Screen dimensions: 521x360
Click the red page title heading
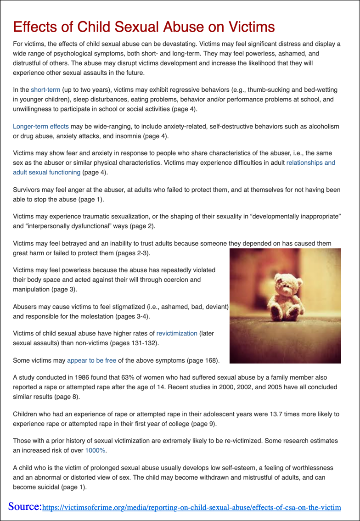pos(144,27)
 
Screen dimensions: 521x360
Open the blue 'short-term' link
pos(45,90)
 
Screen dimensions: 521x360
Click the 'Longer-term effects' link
pos(41,126)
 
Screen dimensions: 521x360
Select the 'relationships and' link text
pos(311,162)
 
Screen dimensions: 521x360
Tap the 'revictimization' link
pos(177,333)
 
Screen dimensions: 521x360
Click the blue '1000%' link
pos(96,450)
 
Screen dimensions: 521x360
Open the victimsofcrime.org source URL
pos(191,507)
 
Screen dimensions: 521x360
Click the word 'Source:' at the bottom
pos(25,506)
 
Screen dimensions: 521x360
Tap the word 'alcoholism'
pos(321,126)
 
